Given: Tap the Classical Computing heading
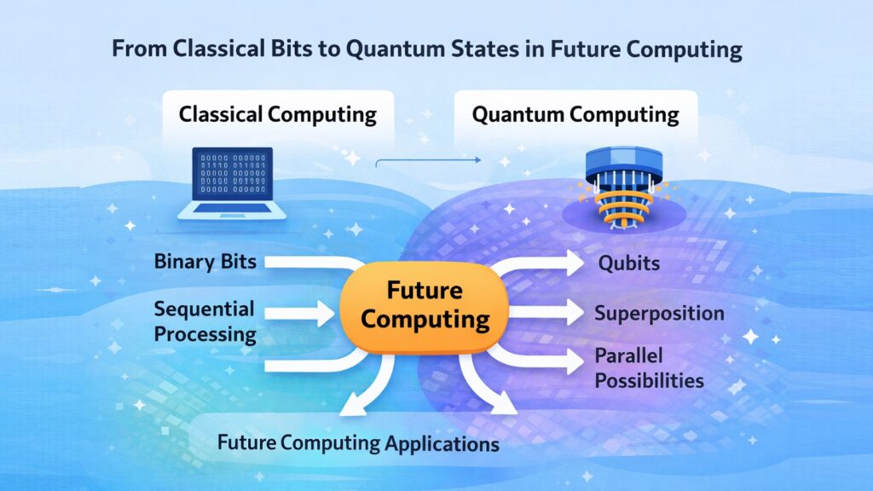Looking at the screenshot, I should (278, 114).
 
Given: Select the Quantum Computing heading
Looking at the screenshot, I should (575, 114).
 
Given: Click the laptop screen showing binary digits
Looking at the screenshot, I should (231, 175).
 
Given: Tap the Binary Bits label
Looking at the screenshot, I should (205, 261).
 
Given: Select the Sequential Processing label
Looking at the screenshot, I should (205, 321).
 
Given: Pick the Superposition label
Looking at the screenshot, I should (659, 313).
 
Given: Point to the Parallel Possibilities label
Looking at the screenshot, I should (649, 367).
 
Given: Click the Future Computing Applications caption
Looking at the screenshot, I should (358, 443).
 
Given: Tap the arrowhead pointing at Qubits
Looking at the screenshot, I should (573, 261).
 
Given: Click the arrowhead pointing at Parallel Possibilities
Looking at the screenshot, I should (573, 361).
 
